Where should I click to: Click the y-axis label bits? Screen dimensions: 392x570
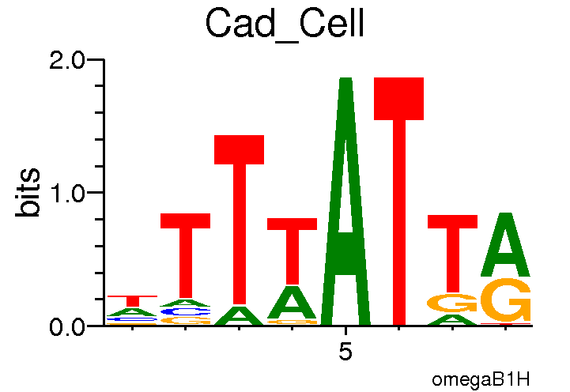pyautogui.click(x=29, y=192)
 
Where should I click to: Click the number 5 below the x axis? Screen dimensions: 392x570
pyautogui.click(x=345, y=352)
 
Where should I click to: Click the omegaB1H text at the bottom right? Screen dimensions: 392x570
pyautogui.click(x=481, y=379)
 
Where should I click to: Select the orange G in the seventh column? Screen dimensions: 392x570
pyautogui.click(x=452, y=303)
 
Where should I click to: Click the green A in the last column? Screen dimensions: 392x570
pyautogui.click(x=506, y=245)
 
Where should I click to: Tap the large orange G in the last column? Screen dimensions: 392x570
pyautogui.click(x=506, y=301)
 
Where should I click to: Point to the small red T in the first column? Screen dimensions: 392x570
pyautogui.click(x=133, y=300)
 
